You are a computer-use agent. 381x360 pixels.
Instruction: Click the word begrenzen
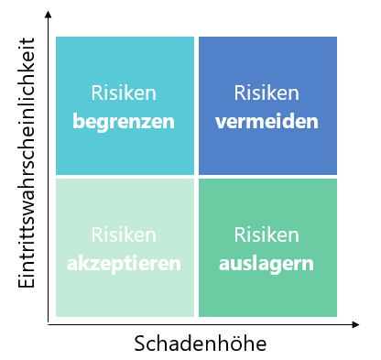[124, 122]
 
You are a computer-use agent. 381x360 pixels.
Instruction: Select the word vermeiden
[267, 122]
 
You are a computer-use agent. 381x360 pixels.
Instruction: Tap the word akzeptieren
[124, 264]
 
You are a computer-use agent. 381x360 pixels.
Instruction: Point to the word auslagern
[267, 264]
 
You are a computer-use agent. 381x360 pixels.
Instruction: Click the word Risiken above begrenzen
[124, 93]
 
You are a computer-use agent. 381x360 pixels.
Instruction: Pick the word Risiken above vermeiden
[267, 93]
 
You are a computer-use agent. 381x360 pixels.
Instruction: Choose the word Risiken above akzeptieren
[124, 235]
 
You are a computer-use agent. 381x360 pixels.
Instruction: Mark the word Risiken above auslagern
[267, 235]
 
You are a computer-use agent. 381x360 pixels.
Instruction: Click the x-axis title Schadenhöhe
[201, 344]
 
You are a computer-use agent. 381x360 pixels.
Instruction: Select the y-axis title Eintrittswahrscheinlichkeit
[27, 163]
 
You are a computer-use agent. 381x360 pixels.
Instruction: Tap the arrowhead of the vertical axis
[48, 14]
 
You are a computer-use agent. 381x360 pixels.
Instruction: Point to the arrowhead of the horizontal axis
[355, 324]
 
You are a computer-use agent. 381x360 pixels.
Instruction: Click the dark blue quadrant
[267, 105]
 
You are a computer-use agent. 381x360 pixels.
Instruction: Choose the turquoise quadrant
[125, 105]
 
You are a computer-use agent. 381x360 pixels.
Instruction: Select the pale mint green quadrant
[125, 247]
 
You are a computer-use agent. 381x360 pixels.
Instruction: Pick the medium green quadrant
[267, 247]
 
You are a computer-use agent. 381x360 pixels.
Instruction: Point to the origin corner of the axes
[48, 324]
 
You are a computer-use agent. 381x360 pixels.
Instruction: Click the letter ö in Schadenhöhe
[234, 344]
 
